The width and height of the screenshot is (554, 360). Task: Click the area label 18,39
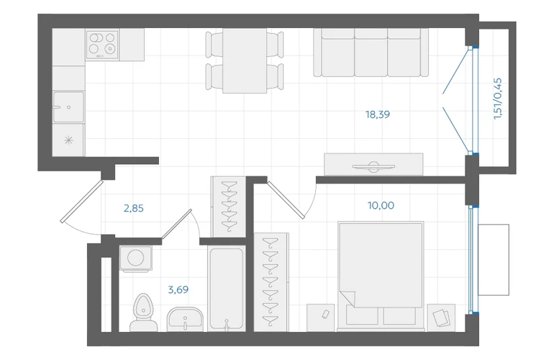click(377, 114)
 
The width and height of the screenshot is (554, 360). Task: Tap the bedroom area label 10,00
click(381, 205)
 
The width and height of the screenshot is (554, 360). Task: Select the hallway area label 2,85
click(134, 208)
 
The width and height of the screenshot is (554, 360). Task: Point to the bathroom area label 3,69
click(178, 290)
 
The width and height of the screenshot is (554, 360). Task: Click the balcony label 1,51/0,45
click(497, 99)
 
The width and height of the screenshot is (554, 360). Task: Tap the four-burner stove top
click(102, 45)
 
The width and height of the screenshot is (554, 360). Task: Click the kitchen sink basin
click(68, 107)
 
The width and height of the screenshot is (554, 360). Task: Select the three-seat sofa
click(371, 53)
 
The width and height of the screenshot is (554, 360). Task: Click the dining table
click(245, 60)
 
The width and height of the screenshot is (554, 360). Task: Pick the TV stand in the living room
click(373, 164)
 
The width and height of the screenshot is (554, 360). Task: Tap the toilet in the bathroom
click(143, 313)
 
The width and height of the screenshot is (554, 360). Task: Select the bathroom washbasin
click(185, 319)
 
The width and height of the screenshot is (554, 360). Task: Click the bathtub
click(227, 289)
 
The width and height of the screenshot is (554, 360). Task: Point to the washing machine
click(136, 258)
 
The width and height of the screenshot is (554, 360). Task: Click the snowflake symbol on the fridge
click(68, 140)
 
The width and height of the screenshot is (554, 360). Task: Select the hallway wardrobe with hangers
click(228, 207)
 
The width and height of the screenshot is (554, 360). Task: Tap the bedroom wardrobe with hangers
click(271, 282)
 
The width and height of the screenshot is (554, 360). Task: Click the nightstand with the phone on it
click(320, 318)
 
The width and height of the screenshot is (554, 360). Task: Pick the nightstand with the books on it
click(441, 318)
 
